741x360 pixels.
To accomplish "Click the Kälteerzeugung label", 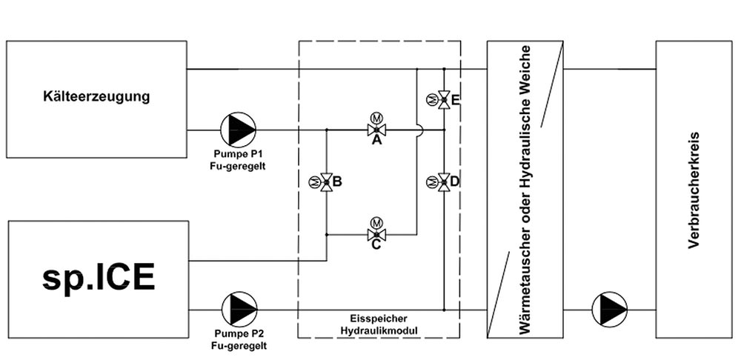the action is click(x=96, y=97).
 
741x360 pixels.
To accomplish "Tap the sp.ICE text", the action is click(x=99, y=277).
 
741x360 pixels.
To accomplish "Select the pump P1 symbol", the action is click(x=238, y=129).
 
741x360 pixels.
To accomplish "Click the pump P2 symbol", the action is click(x=239, y=309).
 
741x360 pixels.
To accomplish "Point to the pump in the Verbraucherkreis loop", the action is click(x=610, y=310).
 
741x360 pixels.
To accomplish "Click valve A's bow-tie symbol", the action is click(x=376, y=130).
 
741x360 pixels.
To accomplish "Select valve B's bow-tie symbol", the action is click(x=326, y=182).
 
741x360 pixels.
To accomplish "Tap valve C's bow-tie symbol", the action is click(x=376, y=234).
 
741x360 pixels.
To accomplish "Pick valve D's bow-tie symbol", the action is click(x=444, y=182).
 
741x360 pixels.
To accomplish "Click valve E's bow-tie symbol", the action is click(x=444, y=100).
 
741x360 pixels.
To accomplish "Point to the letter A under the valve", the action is click(x=376, y=140).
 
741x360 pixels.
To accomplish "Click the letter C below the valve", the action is click(x=376, y=246).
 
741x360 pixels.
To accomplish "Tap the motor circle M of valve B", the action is click(x=313, y=182).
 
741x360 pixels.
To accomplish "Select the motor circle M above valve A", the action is click(x=376, y=118).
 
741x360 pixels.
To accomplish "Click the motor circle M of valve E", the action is click(x=431, y=100).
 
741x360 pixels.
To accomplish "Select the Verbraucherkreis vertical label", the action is click(x=694, y=190).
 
